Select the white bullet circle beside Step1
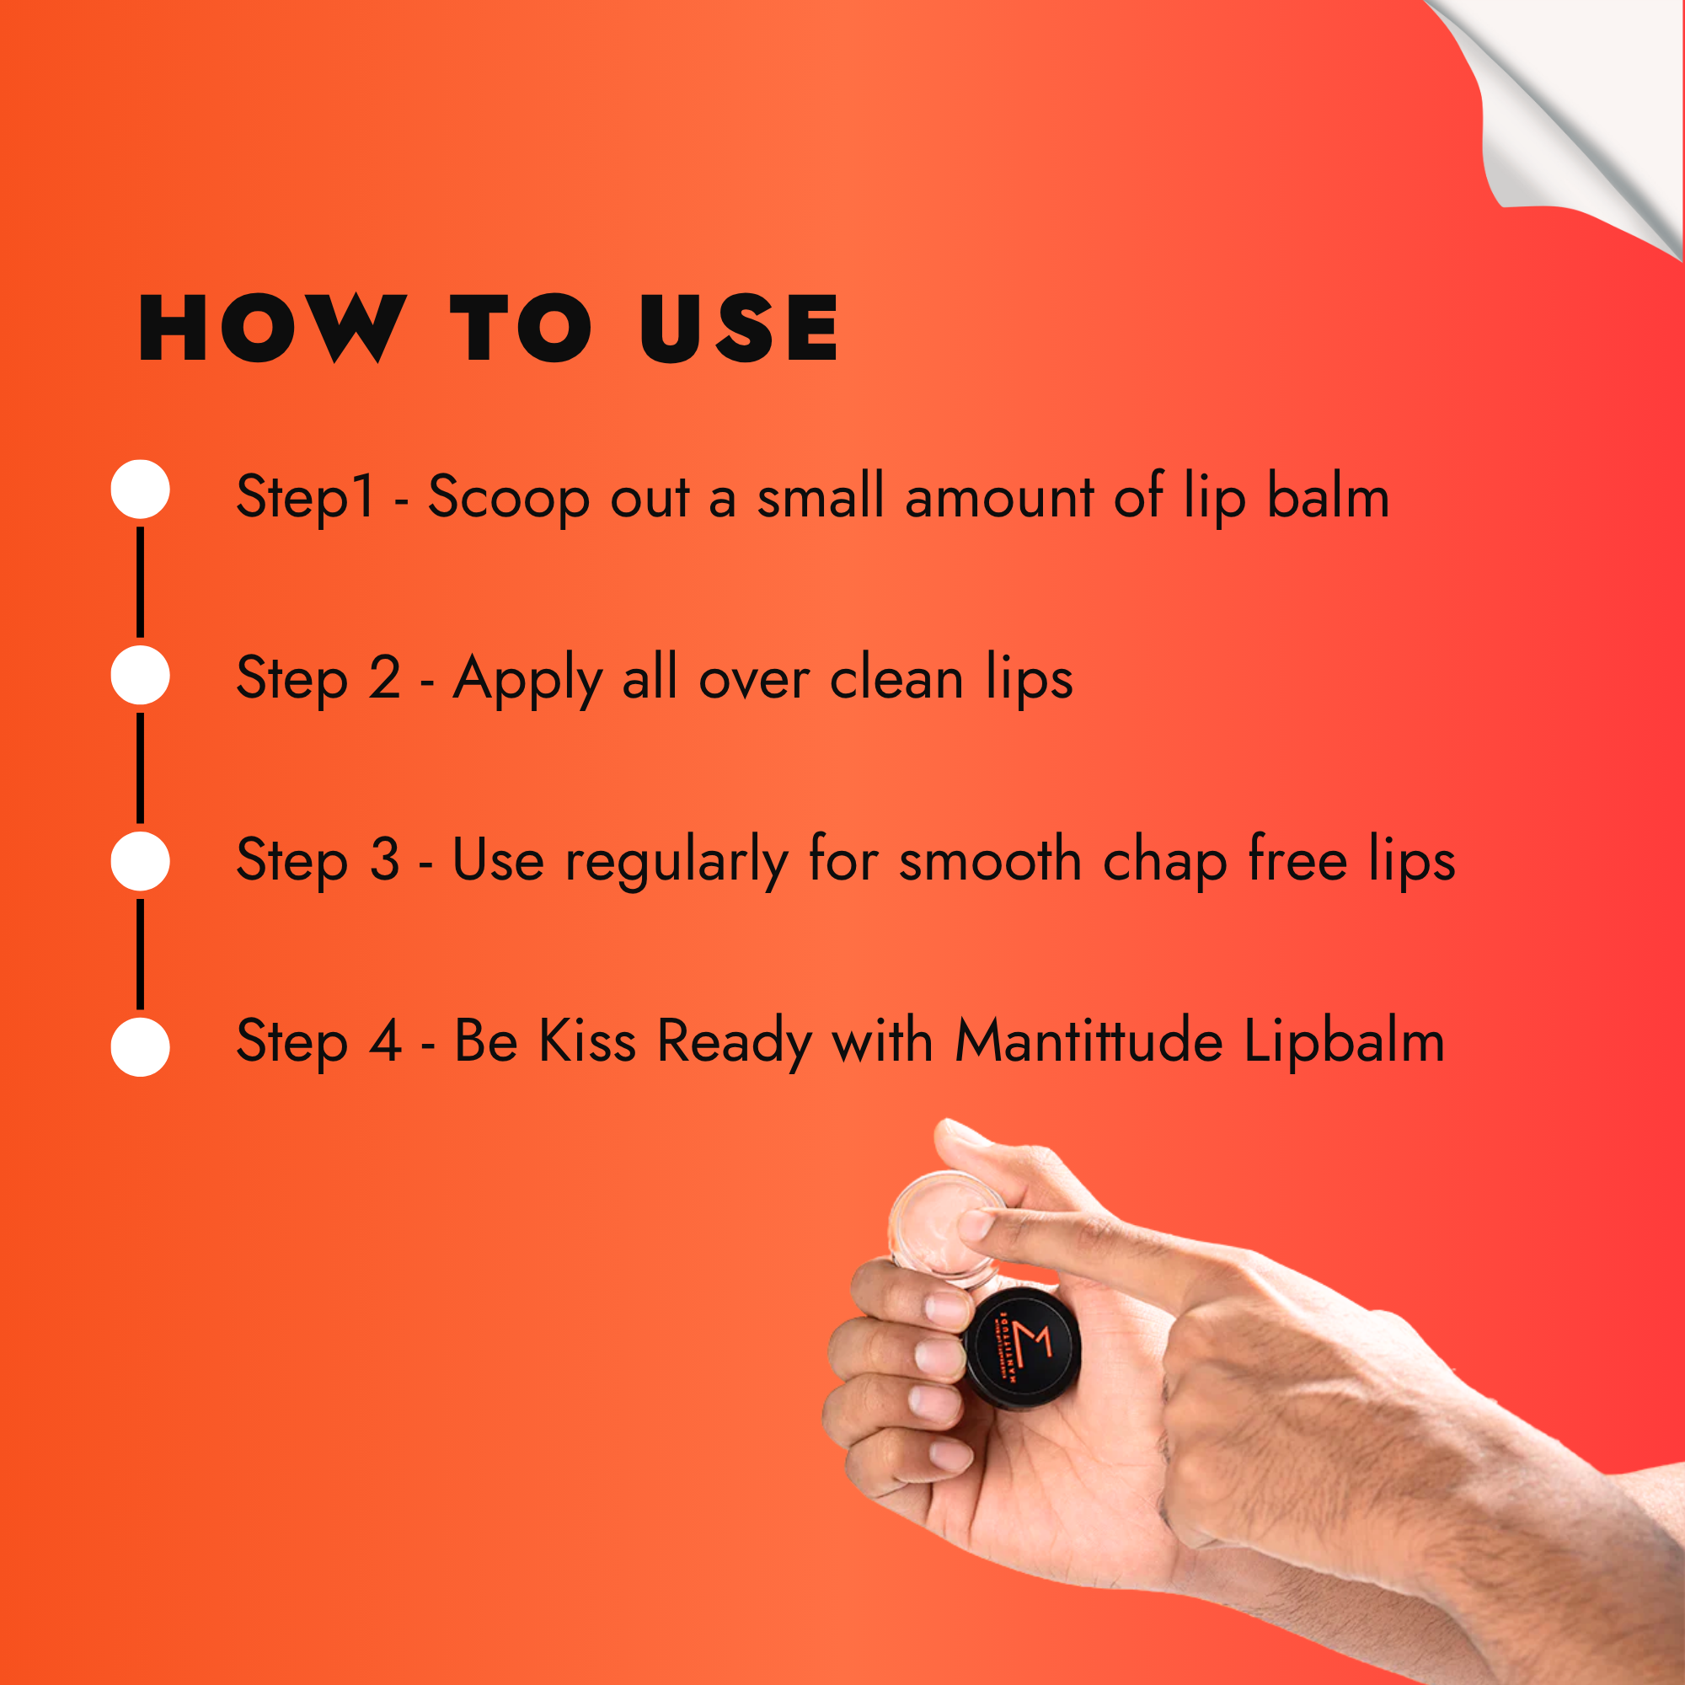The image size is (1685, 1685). tap(141, 489)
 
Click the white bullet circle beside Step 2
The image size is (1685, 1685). tap(141, 675)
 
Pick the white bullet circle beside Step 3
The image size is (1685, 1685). tap(141, 861)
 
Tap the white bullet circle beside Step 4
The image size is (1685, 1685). tap(141, 1046)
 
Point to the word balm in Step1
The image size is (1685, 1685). tap(1328, 497)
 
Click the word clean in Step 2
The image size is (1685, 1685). tap(896, 679)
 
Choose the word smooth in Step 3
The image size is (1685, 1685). tap(990, 861)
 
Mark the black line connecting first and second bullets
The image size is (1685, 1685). tap(141, 581)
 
